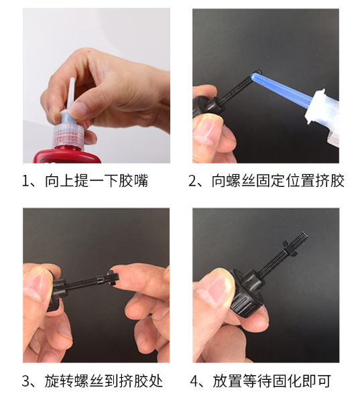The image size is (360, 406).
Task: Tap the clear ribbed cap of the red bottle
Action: coord(70,135)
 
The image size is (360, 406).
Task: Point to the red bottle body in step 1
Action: coord(68,155)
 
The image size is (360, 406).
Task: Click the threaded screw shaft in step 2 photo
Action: coord(235,88)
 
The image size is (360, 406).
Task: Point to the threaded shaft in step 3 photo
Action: coord(86,283)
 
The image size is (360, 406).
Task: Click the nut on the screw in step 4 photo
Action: coord(290,248)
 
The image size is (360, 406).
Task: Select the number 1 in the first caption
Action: coord(25,181)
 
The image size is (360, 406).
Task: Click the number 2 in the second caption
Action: coord(192,181)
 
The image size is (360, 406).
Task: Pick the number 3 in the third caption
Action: coord(26,381)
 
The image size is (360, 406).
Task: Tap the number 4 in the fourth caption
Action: coord(194,381)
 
